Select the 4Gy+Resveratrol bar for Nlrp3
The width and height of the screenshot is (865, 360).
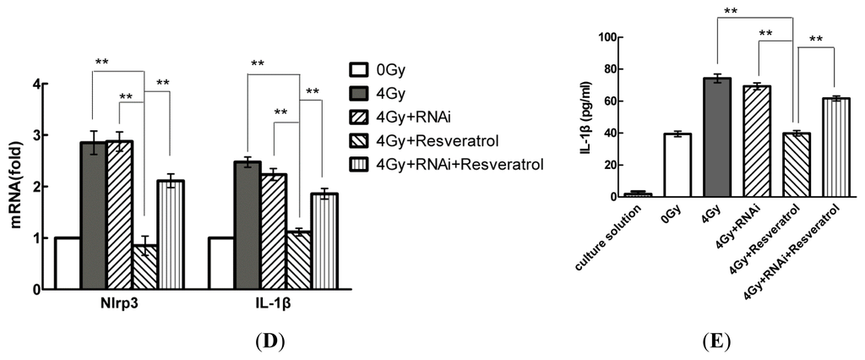[x=144, y=267]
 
